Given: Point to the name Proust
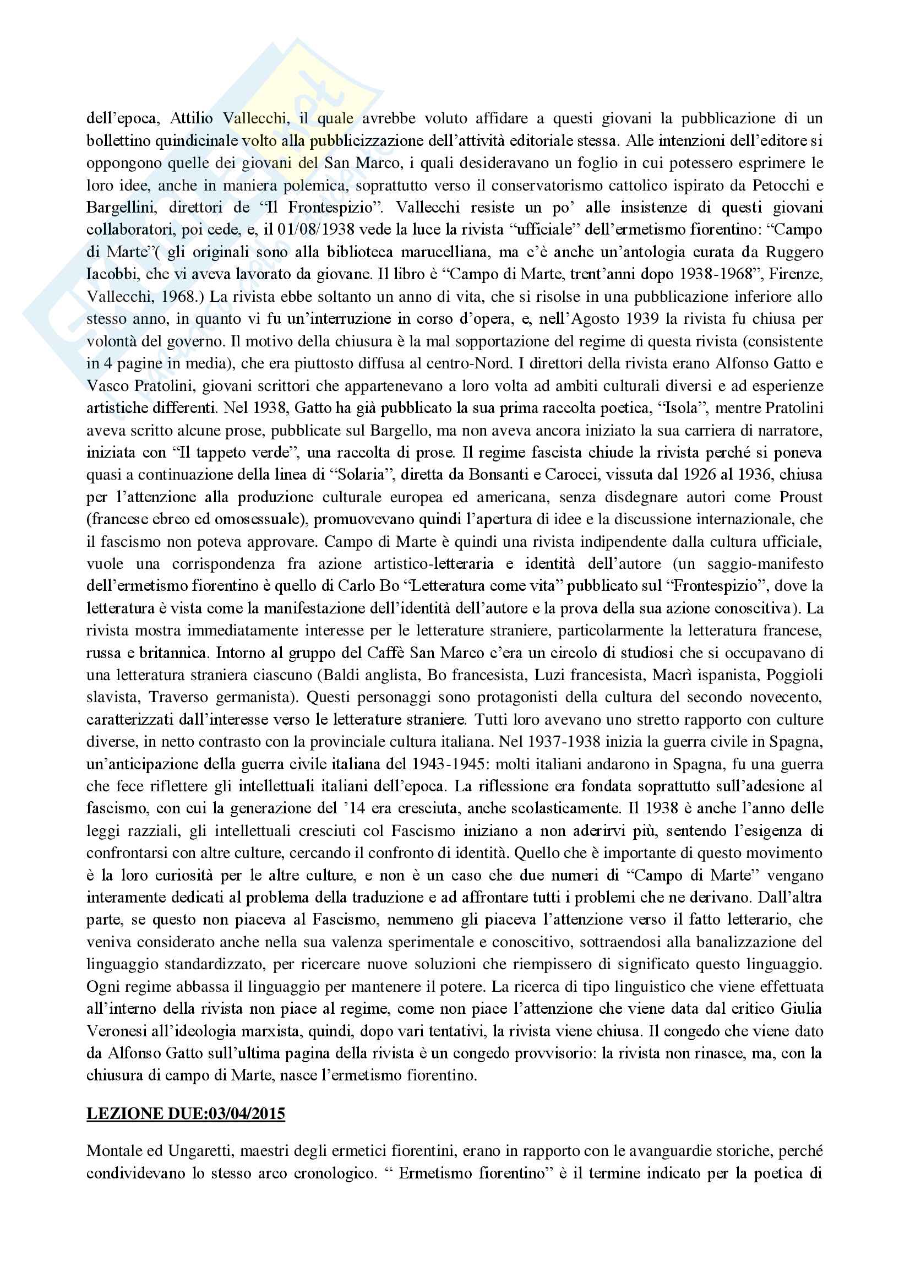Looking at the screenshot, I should pyautogui.click(x=800, y=497).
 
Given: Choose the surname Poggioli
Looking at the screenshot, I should pyautogui.click(x=792, y=675).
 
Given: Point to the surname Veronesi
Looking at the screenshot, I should pyautogui.click(x=118, y=1031).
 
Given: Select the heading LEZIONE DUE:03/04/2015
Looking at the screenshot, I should pyautogui.click(x=186, y=1113).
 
